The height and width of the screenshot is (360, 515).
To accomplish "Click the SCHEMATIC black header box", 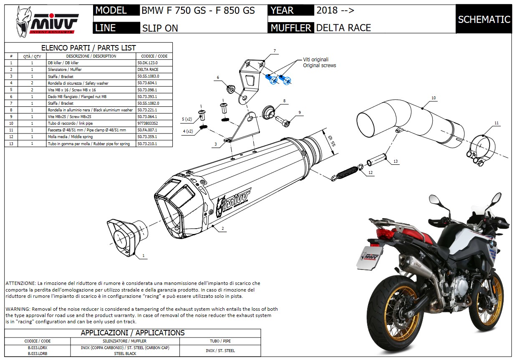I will click(484, 19).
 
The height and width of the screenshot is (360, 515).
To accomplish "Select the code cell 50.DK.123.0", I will click(148, 63).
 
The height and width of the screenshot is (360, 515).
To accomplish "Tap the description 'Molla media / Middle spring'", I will click(70, 137).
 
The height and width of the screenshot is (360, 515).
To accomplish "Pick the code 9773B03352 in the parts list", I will click(148, 123).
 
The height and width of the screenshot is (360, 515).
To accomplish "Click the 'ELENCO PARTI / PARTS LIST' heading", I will click(88, 48).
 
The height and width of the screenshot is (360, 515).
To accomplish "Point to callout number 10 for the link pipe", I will click(434, 98).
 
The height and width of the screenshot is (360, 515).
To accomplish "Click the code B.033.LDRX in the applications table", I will click(38, 347).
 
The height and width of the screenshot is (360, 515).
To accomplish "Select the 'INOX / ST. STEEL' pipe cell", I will click(221, 350).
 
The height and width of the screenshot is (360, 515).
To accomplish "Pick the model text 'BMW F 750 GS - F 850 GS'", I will click(198, 10).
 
